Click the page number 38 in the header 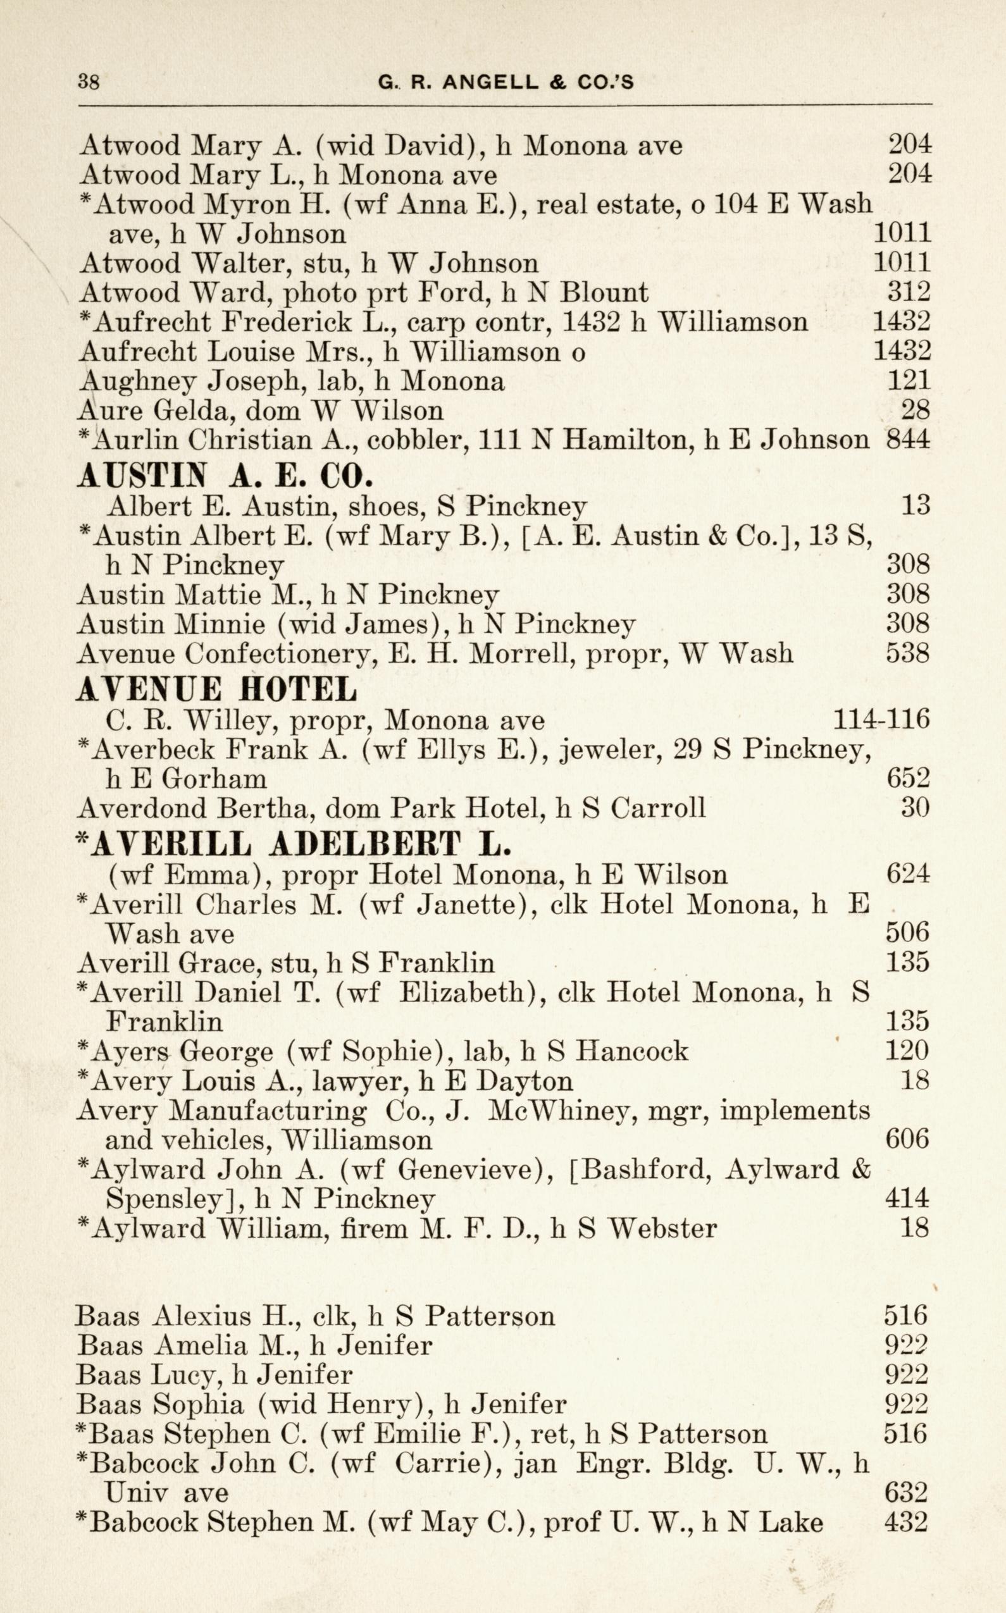pos(89,82)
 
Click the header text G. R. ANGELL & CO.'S pos(506,82)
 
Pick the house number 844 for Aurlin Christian pos(908,439)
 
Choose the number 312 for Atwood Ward pos(909,292)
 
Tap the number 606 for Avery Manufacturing pos(907,1140)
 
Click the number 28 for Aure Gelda pos(915,410)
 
